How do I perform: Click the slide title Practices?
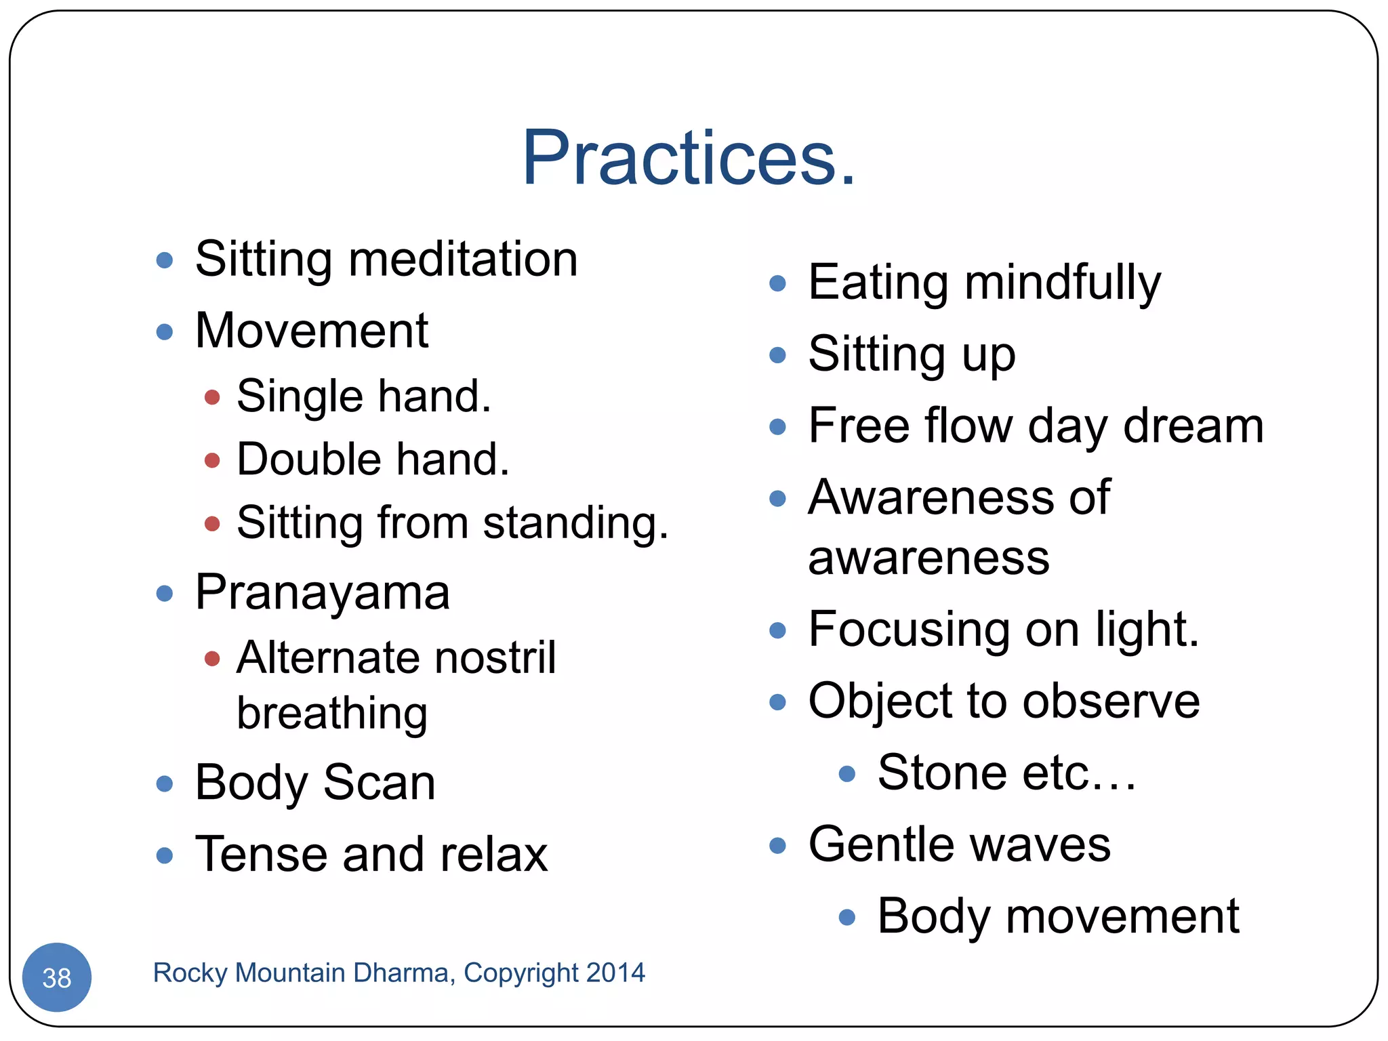pos(689,159)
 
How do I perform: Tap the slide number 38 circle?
pos(57,977)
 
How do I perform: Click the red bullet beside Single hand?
pos(212,397)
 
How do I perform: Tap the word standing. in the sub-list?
pos(575,524)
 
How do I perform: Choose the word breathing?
pos(332,714)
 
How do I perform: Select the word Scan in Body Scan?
pos(380,783)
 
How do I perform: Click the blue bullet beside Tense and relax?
pos(165,855)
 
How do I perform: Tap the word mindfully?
pos(1062,283)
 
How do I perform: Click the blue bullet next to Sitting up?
pos(778,355)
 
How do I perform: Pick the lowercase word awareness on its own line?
pos(928,558)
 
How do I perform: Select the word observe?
pos(1111,701)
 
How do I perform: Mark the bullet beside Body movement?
pos(847,918)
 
